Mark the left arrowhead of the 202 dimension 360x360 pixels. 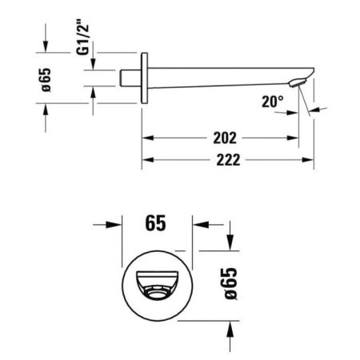click(148, 138)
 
